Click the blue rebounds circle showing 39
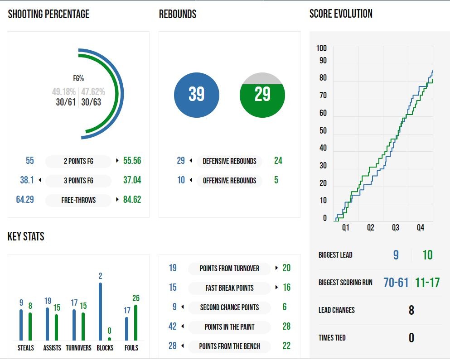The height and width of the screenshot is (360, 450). click(x=196, y=95)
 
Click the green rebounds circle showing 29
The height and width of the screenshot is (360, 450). click(x=262, y=95)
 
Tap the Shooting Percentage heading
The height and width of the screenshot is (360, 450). click(x=48, y=14)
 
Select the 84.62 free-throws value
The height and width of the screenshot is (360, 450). click(x=132, y=199)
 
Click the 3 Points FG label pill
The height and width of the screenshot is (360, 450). click(x=78, y=180)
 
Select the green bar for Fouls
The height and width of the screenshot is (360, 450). click(x=135, y=322)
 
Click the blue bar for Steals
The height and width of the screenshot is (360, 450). click(x=21, y=325)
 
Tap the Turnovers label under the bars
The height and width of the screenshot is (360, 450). click(x=78, y=348)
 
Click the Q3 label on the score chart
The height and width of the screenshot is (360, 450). click(x=395, y=228)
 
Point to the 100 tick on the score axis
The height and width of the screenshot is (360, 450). click(x=321, y=49)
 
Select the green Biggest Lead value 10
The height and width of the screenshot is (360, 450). click(x=427, y=255)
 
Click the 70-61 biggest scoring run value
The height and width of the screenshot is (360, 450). click(x=396, y=283)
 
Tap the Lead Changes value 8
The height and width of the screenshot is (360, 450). click(x=411, y=310)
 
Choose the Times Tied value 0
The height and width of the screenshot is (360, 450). click(x=411, y=338)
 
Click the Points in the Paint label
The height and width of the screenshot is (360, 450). click(x=229, y=326)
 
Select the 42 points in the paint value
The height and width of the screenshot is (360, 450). click(x=172, y=326)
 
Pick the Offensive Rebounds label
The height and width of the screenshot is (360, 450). click(x=229, y=180)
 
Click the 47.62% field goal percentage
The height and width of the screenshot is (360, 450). click(x=93, y=92)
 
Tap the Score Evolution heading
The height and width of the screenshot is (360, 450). click(x=341, y=14)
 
